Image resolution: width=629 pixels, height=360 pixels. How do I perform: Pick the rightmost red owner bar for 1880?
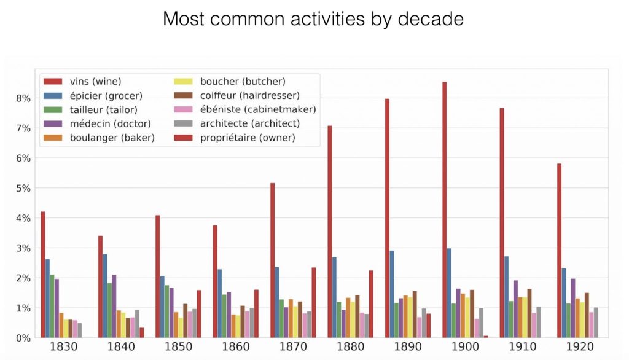tap(372, 304)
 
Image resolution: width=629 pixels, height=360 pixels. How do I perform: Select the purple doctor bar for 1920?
tap(573, 308)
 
